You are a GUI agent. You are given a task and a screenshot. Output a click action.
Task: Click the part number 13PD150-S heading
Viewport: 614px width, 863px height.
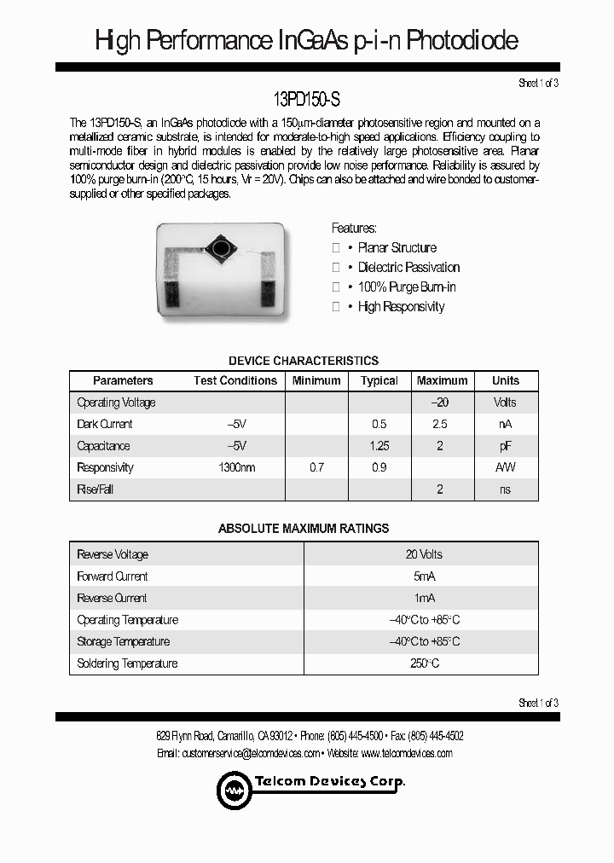point(307,100)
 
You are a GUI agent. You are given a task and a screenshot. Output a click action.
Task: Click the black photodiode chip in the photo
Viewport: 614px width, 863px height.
point(223,248)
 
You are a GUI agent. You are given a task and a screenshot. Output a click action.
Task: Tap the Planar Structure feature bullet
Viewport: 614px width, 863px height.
point(397,248)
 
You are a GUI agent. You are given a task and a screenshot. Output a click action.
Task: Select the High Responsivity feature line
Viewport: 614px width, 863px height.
point(401,307)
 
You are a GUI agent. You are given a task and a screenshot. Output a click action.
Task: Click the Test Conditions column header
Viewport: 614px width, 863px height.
point(235,381)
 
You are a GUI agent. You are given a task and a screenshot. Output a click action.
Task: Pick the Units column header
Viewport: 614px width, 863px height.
point(505,381)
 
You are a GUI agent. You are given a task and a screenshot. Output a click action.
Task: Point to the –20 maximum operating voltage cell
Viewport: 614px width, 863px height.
point(440,403)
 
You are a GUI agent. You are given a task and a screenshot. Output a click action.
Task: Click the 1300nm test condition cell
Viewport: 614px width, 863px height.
point(236,467)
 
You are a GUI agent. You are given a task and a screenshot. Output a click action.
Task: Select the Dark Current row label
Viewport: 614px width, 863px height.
point(105,424)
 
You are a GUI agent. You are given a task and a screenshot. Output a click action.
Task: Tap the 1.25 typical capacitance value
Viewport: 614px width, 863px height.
point(379,446)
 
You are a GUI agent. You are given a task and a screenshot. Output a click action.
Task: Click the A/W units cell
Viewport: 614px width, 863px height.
point(505,467)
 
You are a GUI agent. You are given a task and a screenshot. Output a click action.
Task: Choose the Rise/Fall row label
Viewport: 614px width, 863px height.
point(95,489)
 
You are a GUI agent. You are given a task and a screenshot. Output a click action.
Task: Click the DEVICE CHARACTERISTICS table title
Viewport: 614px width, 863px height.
point(304,361)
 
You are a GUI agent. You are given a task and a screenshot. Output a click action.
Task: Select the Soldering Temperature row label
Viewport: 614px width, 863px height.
point(127,663)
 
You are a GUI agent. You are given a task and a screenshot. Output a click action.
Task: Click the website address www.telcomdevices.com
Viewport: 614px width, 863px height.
point(407,753)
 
